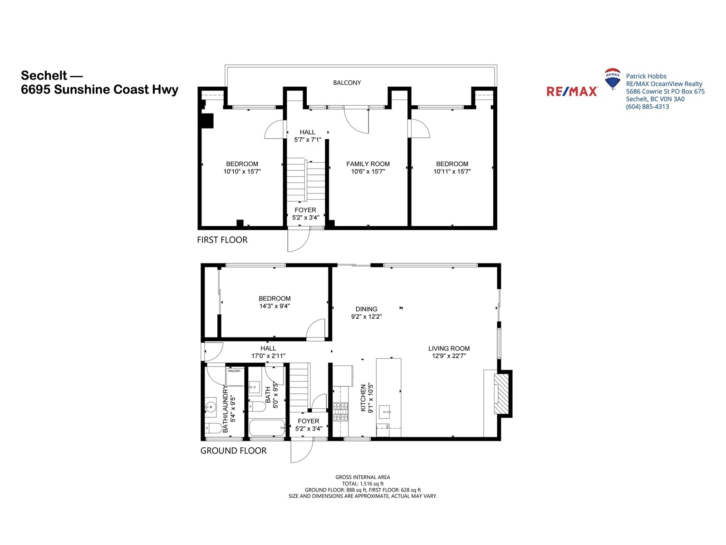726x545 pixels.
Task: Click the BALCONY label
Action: coord(347,83)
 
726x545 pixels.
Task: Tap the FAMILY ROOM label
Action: coord(368,164)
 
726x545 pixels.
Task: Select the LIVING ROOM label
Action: coord(449,348)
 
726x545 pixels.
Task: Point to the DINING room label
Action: coord(366,309)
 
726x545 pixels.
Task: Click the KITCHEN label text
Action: coord(363,398)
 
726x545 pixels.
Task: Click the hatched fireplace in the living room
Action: coord(501,393)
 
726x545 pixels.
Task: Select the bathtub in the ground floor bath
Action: coord(267,428)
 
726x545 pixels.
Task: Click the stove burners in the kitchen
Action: coord(340,411)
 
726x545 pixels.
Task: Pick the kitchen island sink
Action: coord(384,411)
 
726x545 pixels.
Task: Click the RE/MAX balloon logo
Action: coord(612,79)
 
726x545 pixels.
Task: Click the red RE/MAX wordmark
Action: coord(572,91)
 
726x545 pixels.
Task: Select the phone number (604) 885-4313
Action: coord(648,107)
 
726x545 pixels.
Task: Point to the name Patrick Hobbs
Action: coord(646,76)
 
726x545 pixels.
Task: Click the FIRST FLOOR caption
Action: coord(222,240)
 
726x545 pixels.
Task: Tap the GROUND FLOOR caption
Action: coord(233,451)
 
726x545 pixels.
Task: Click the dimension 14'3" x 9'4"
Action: coord(275,306)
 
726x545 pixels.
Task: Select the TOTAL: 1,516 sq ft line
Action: coord(363,483)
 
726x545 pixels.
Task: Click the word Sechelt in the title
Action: coord(44,75)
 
